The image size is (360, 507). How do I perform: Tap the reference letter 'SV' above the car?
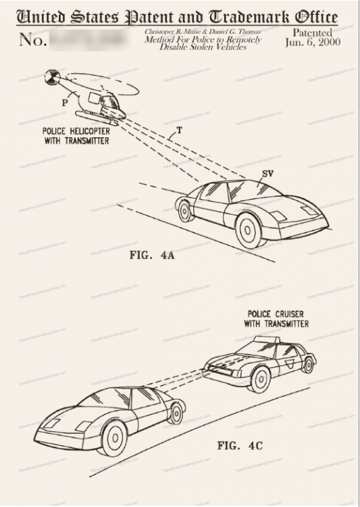point(267,174)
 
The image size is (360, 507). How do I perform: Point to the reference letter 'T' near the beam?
point(178,128)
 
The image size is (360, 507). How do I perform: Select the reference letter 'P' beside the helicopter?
point(65,103)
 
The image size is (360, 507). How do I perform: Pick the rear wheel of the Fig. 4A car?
point(184,211)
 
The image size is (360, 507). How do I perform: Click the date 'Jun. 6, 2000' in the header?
point(313,42)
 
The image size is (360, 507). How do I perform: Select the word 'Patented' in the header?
point(313,32)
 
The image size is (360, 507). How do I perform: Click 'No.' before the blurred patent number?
point(32,40)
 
